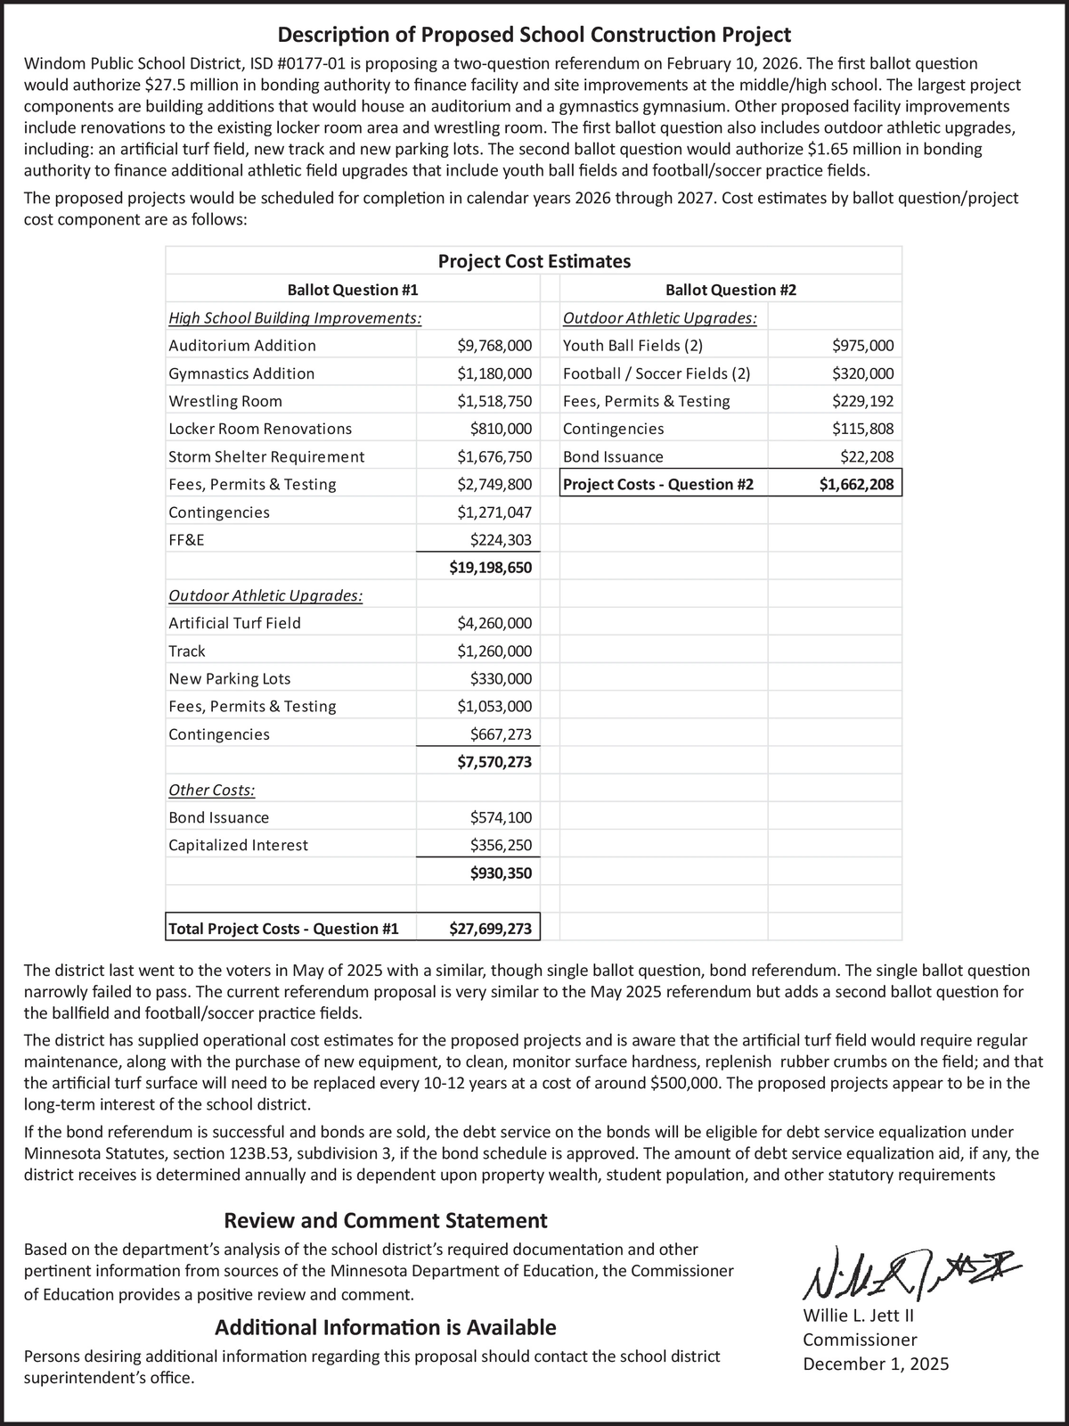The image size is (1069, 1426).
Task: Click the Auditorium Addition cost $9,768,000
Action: click(494, 346)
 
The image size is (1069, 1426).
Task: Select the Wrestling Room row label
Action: click(225, 401)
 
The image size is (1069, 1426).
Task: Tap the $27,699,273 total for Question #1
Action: click(490, 929)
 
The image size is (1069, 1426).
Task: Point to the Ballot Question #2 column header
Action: click(730, 290)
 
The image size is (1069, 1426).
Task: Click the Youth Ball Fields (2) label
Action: click(632, 346)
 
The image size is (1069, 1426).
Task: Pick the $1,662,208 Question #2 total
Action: click(857, 485)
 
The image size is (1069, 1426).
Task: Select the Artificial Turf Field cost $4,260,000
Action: click(494, 623)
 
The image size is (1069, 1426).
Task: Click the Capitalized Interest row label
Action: click(238, 845)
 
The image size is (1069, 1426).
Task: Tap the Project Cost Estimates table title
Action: click(534, 261)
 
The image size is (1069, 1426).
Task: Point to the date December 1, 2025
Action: click(876, 1364)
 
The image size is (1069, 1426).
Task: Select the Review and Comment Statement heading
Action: click(385, 1220)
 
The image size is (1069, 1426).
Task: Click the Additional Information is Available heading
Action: click(385, 1328)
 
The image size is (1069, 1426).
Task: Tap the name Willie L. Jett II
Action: click(859, 1316)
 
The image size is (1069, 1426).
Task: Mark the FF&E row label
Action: click(186, 540)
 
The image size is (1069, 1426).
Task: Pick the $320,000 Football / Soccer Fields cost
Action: click(862, 373)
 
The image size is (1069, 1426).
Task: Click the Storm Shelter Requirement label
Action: click(266, 457)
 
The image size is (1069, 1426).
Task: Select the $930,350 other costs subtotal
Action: click(501, 873)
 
